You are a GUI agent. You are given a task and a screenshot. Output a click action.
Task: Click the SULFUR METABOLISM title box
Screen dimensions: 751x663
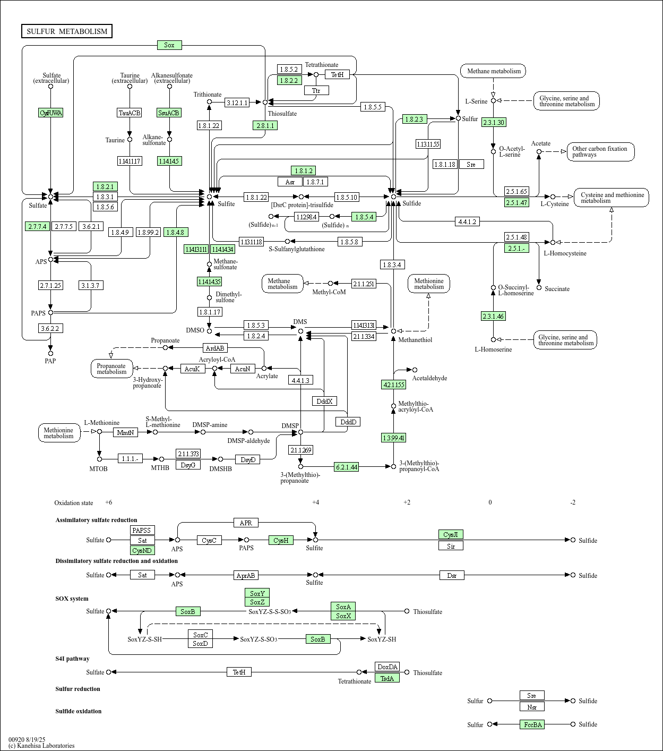click(x=67, y=31)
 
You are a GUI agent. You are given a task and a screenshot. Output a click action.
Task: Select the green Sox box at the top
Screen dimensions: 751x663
click(x=169, y=45)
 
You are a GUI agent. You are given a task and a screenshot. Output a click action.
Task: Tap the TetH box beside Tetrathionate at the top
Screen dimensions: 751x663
click(x=337, y=75)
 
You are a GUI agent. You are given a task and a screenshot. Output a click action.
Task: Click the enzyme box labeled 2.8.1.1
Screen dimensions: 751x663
click(x=265, y=125)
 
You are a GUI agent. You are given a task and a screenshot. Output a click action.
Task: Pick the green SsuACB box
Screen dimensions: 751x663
click(x=169, y=113)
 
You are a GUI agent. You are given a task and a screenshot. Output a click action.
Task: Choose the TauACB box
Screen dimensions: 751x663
click(x=130, y=113)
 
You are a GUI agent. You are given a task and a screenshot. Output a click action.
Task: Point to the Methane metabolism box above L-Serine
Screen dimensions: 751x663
click(x=493, y=71)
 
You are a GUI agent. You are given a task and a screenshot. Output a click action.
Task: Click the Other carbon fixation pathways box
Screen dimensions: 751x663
click(x=600, y=152)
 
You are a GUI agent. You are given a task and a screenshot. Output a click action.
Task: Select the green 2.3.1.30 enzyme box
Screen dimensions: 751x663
click(x=493, y=122)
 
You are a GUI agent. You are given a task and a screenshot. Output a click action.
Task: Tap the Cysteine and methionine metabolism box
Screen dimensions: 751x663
click(x=612, y=198)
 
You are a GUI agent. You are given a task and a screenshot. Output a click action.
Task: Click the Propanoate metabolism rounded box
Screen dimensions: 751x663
click(x=111, y=369)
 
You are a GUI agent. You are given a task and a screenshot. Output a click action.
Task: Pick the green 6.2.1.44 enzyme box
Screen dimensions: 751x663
click(x=346, y=467)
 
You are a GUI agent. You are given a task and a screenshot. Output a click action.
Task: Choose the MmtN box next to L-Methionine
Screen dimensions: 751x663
click(x=125, y=432)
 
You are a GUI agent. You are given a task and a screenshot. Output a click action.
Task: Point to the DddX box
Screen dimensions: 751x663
click(x=324, y=401)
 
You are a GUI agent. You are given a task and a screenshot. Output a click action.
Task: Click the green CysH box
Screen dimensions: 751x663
click(x=281, y=540)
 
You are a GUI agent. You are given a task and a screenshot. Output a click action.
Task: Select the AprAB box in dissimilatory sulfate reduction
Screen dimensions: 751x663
click(x=246, y=575)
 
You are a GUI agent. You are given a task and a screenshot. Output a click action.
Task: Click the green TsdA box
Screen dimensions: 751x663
click(x=387, y=678)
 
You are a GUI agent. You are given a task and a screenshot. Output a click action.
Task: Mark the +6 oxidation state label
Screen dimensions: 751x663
click(x=108, y=502)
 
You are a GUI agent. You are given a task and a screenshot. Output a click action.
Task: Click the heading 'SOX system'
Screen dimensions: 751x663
click(x=72, y=599)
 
